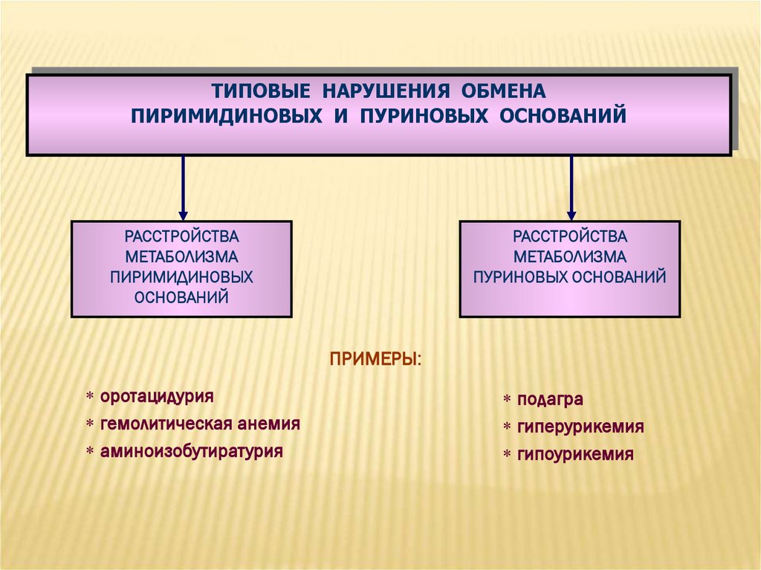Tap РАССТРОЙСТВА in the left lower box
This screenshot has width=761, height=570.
181,237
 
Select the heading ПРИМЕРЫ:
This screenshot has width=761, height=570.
375,360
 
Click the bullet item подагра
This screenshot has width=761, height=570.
551,399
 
